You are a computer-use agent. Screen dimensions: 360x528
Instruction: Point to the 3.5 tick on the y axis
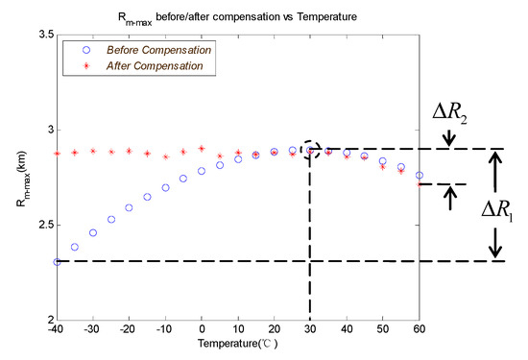(x=40, y=35)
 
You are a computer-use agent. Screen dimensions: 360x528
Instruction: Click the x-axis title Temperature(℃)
(x=238, y=343)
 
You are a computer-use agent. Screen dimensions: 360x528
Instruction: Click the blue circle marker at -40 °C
(x=58, y=261)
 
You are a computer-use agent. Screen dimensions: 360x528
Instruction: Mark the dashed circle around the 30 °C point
(x=310, y=150)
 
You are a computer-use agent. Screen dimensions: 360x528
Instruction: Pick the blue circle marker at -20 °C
(x=130, y=206)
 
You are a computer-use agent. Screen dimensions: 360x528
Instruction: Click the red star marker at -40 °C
(x=58, y=153)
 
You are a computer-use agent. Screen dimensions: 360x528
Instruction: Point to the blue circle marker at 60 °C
(x=419, y=175)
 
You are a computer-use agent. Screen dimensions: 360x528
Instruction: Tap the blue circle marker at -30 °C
(x=93, y=232)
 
